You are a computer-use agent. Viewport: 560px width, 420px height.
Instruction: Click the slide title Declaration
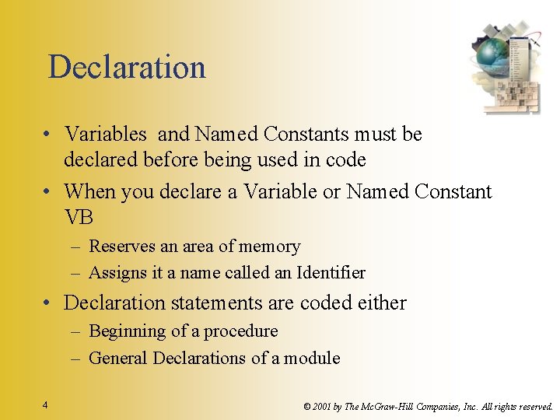127,68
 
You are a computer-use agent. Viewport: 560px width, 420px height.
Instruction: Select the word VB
79,218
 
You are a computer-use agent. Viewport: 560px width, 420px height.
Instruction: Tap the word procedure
241,332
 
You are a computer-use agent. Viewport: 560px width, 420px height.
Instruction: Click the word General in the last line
119,359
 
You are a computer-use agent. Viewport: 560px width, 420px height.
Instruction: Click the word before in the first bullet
169,160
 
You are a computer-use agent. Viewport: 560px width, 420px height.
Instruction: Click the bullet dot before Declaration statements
48,303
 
